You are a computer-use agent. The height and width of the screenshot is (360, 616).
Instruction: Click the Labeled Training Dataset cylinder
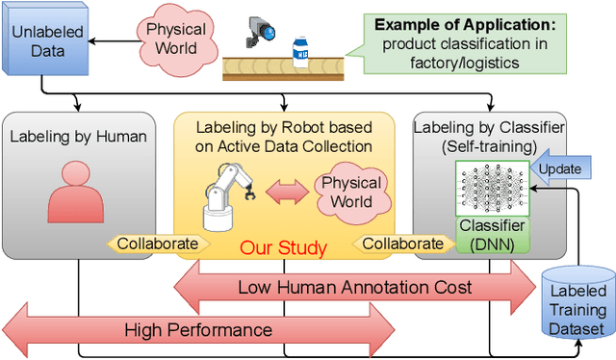click(577, 304)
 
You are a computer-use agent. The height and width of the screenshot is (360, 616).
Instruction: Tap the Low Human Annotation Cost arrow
click(357, 287)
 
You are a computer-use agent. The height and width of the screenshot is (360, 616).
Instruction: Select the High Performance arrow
click(198, 330)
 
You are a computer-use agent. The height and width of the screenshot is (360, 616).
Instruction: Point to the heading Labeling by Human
click(79, 136)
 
